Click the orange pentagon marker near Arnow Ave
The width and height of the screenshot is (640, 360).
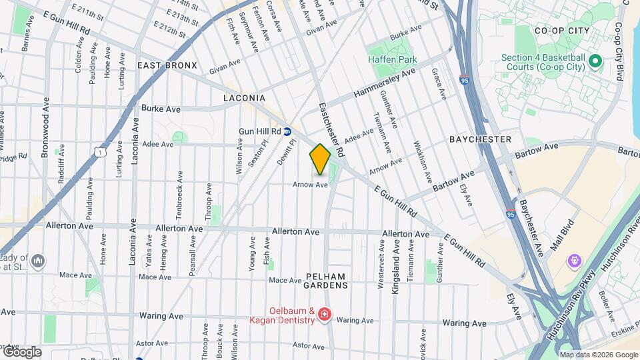[x=320, y=159]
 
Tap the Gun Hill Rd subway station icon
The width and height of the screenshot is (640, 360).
[x=287, y=131]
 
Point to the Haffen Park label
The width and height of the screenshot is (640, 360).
[x=392, y=59]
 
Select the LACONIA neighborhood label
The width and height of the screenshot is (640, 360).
[x=244, y=98]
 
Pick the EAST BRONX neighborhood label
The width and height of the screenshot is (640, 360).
[x=167, y=65]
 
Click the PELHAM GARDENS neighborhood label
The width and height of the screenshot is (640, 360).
[x=327, y=281]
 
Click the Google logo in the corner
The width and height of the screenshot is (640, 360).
[x=21, y=351]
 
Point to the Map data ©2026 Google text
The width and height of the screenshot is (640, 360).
[x=598, y=355]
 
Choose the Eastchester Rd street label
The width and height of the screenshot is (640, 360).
[x=331, y=130]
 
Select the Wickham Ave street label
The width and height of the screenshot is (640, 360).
[x=423, y=162]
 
